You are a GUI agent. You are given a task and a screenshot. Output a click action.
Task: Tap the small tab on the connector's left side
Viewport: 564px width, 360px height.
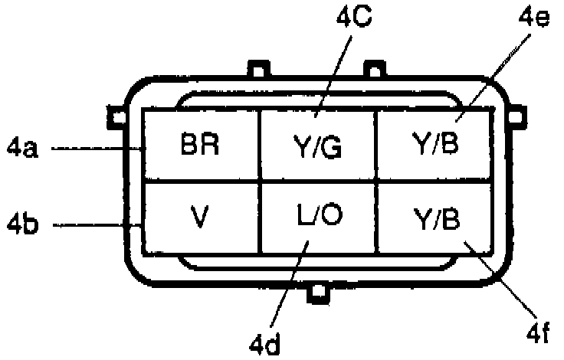point(116,116)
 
